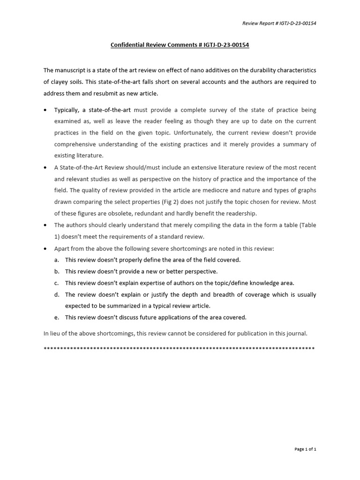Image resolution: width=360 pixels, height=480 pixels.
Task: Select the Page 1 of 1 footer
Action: pyautogui.click(x=305, y=449)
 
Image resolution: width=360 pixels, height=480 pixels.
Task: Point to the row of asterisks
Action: pyautogui.click(x=179, y=349)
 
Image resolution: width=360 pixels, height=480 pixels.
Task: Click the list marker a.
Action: pyautogui.click(x=56, y=260)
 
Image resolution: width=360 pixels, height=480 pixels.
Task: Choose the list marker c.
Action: pyautogui.click(x=56, y=283)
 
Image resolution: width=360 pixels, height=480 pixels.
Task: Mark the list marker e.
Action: pyautogui.click(x=56, y=317)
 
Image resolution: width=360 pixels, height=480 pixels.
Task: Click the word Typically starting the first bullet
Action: pyautogui.click(x=67, y=110)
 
